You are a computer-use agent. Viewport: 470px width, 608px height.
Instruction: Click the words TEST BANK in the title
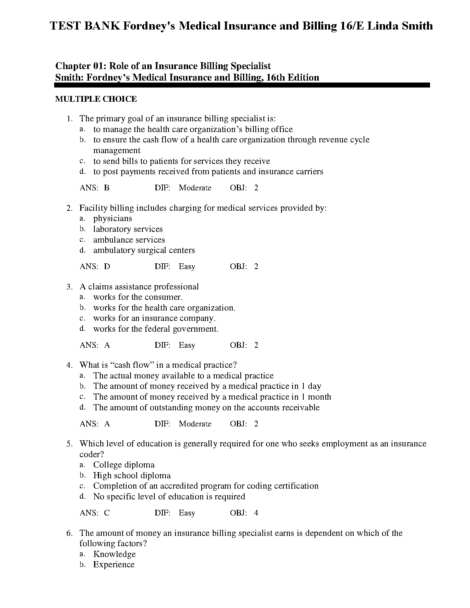84,26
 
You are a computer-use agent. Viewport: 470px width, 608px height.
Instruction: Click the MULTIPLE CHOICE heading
96,99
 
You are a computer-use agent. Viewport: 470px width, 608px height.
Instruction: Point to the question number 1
69,119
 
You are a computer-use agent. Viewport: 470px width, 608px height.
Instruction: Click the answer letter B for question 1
107,188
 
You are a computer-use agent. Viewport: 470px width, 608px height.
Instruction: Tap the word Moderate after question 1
195,188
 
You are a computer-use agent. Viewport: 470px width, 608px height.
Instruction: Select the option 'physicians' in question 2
113,218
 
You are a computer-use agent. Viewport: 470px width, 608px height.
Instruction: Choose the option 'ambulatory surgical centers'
144,250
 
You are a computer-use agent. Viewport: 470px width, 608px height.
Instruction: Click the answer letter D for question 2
107,266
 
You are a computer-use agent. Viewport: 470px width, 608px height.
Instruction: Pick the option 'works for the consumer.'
138,297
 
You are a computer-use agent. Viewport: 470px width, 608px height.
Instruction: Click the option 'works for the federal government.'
156,329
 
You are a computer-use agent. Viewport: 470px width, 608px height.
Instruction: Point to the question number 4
69,365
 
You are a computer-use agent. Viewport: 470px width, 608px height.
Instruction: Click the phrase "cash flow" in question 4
132,365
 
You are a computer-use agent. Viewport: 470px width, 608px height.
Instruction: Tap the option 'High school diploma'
132,476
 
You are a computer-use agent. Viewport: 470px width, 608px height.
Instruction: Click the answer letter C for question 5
107,513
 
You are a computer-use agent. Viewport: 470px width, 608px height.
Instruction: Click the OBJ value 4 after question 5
256,513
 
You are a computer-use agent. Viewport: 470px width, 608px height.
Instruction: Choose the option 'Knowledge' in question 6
114,554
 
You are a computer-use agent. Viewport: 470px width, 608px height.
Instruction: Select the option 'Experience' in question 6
114,565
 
